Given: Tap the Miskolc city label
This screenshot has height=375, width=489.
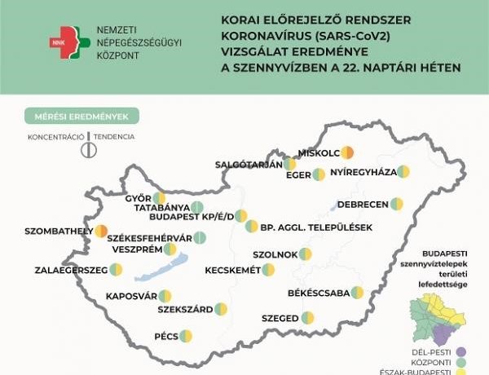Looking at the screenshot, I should coord(319,152).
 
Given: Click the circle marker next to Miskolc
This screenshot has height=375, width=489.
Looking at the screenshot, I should coord(346,152).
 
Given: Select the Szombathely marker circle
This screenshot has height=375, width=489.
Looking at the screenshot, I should coord(101,232).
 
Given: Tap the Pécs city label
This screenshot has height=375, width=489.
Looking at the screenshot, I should coord(166,335).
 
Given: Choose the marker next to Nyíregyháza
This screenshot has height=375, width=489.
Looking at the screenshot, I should coord(403,172).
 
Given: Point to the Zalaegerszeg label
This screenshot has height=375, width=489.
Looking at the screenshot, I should coord(71,270).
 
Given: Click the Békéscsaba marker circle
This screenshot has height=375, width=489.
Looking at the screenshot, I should coord(356,292).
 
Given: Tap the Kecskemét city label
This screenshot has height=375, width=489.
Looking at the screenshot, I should coord(232,270).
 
